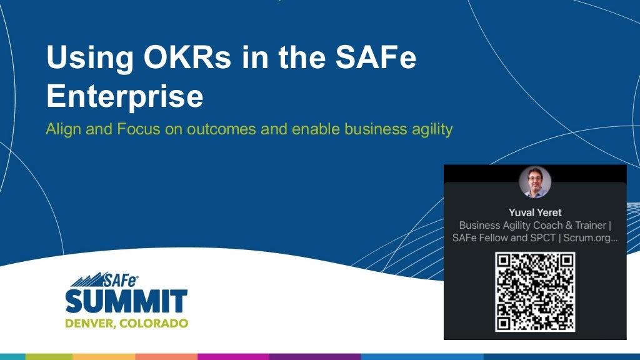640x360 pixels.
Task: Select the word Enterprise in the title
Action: (x=124, y=97)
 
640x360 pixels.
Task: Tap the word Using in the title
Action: (x=85, y=58)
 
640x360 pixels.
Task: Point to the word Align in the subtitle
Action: (x=61, y=131)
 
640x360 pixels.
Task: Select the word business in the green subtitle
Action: (x=372, y=131)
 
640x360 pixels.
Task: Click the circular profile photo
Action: (x=535, y=182)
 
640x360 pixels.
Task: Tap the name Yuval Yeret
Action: (x=535, y=212)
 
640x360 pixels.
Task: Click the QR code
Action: (x=535, y=291)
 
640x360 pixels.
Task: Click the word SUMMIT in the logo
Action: (x=126, y=301)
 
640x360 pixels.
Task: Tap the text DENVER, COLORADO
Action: (x=126, y=323)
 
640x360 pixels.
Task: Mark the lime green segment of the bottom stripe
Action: (x=49, y=356)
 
